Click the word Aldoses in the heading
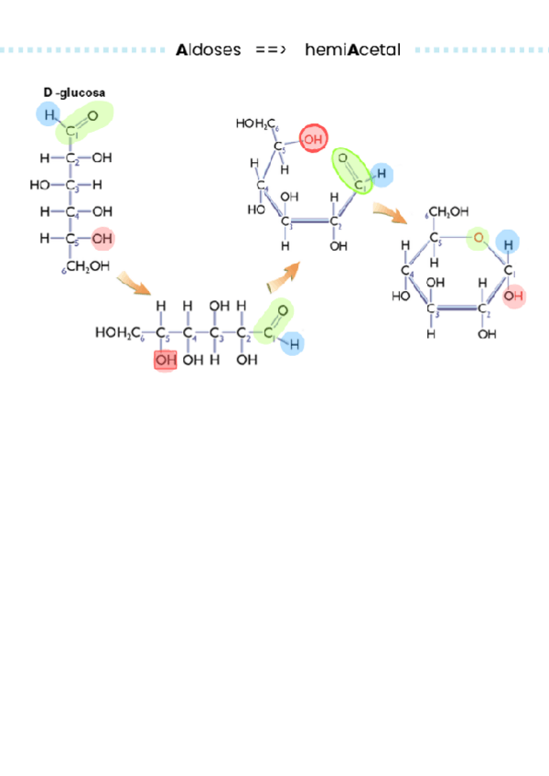pos(208,50)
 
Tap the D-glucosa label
pos(74,92)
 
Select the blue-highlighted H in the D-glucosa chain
pos(47,114)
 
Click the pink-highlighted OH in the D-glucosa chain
pos(102,239)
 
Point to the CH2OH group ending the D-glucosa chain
pos(88,266)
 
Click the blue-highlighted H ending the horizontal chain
pos(295,343)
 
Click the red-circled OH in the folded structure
pos(313,139)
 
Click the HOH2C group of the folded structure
pos(257,123)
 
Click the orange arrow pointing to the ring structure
pos(390,213)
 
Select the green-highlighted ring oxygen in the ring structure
pos(477,240)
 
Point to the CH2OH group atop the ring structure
pos(448,212)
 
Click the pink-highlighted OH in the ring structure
pos(514,296)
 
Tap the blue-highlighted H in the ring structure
pos(507,242)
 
